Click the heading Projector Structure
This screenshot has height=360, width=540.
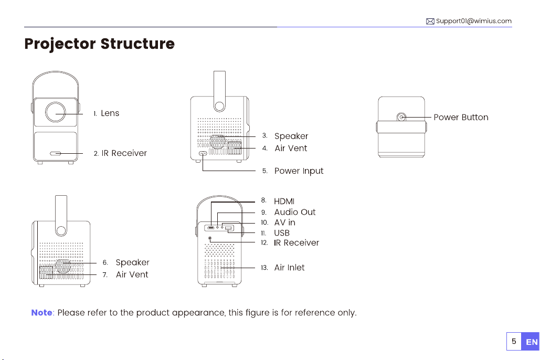(x=99, y=44)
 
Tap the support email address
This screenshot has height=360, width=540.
(x=473, y=21)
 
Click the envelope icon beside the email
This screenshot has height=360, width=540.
(x=430, y=21)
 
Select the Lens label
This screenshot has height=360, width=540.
(x=110, y=113)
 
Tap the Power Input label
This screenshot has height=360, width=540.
(x=299, y=171)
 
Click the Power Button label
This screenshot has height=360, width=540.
(x=461, y=117)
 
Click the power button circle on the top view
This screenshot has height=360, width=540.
(x=402, y=117)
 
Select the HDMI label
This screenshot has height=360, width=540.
(x=284, y=201)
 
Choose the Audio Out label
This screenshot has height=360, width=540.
(x=294, y=212)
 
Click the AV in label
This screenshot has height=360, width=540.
(x=284, y=223)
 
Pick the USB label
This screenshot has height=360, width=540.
(x=282, y=232)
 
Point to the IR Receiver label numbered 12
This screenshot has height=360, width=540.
(x=296, y=242)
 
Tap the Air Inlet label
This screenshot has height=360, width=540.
(x=289, y=268)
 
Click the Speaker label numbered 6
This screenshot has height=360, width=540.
(x=132, y=262)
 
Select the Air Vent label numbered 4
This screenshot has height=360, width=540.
(x=291, y=149)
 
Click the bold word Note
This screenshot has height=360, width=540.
(x=41, y=313)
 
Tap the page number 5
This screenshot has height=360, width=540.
(x=515, y=342)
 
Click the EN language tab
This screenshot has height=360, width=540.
(x=531, y=342)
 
